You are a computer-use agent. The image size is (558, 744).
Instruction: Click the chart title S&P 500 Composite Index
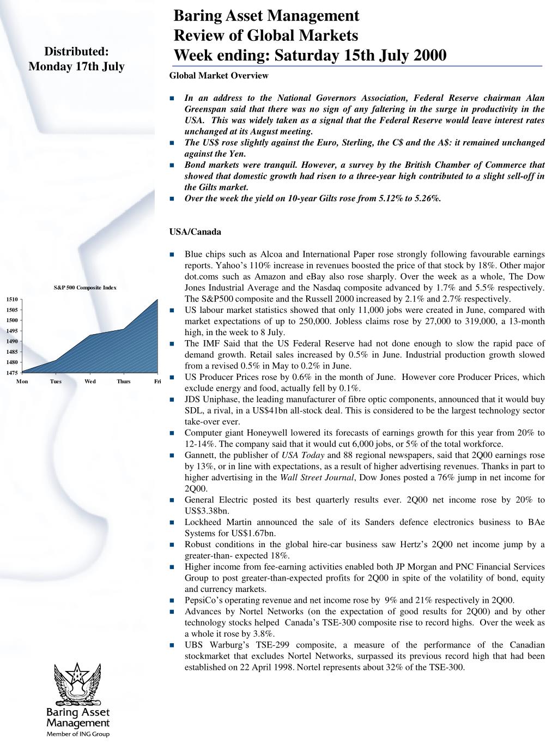[x=85, y=287]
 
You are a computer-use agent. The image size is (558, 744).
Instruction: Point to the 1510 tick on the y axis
[x=12, y=299]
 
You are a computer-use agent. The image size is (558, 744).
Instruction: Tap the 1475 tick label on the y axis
[x=12, y=373]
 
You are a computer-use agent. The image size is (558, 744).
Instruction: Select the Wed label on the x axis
[x=90, y=382]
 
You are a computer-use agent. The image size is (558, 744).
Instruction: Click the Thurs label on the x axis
[x=124, y=382]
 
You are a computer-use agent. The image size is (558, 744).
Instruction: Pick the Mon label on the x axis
[x=22, y=382]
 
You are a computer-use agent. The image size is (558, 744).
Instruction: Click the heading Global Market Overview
[x=219, y=76]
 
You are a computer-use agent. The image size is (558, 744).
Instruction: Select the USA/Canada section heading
[x=195, y=232]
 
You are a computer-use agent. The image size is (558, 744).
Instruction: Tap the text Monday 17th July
[x=76, y=66]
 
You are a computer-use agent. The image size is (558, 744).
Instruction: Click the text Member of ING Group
[x=77, y=734]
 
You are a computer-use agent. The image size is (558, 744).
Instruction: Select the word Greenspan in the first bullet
[x=205, y=110]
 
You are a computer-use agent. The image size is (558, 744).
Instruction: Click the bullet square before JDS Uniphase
[x=172, y=400]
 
